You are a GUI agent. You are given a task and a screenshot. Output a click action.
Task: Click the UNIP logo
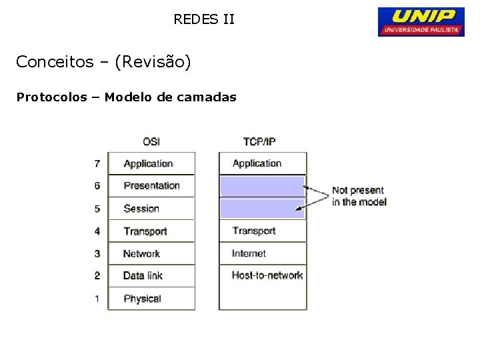(421, 21)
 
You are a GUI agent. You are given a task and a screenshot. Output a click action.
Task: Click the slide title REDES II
(204, 19)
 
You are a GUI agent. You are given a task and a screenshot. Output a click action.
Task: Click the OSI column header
(151, 141)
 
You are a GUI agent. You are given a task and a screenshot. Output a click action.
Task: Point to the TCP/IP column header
(259, 141)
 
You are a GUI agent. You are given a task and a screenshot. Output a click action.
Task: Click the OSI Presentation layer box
(151, 186)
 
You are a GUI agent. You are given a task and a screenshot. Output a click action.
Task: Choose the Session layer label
(141, 209)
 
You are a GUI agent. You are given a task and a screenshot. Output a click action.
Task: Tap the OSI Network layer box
(151, 253)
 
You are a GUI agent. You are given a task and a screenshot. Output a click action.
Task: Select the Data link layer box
(151, 275)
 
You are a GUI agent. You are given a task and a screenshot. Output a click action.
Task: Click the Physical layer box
(151, 299)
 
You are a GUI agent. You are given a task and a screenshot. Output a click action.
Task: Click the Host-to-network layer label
(267, 275)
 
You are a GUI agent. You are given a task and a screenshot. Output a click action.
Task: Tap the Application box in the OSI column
(151, 163)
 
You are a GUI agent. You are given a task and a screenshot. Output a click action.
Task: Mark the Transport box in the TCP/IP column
(263, 231)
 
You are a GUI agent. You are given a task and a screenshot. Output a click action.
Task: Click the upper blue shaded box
(262, 185)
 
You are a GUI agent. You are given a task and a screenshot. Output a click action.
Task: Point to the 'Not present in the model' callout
(359, 196)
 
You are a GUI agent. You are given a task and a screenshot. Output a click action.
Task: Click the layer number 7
(97, 163)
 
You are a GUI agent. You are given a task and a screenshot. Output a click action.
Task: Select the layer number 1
(97, 299)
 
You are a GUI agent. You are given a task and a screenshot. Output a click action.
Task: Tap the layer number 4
(97, 231)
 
